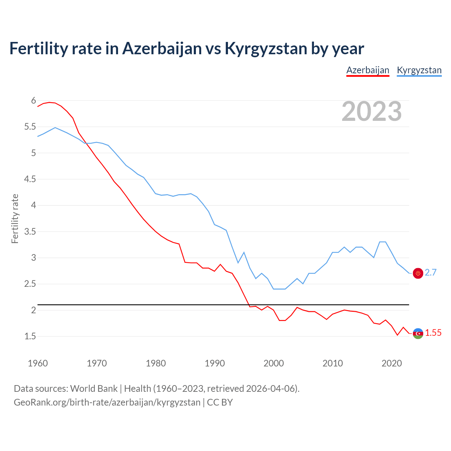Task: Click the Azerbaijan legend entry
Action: (367, 70)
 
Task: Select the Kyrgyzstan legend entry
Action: (419, 70)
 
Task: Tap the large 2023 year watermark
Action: (372, 111)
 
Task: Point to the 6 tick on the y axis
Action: (33, 101)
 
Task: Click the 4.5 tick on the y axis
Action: (30, 179)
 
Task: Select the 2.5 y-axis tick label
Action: (30, 284)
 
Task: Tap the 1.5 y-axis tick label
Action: (30, 336)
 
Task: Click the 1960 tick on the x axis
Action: (38, 363)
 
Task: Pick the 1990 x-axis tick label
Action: (215, 363)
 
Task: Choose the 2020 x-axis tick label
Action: (391, 363)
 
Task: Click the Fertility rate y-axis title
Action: (15, 218)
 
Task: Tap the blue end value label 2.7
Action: (431, 272)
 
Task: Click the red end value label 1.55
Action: (433, 333)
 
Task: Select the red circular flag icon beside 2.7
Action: (418, 273)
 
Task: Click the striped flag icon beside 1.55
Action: (418, 333)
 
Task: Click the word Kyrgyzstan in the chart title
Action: (266, 49)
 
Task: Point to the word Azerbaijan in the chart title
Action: (162, 49)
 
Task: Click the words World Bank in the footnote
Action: (94, 389)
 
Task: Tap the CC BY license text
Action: (220, 402)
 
